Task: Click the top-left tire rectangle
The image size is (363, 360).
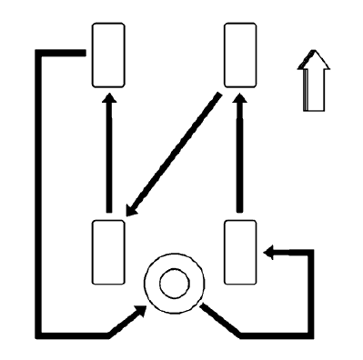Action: pyautogui.click(x=108, y=56)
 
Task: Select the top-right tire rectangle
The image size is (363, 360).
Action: pyautogui.click(x=239, y=56)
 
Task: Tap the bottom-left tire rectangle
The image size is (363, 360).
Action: pyautogui.click(x=108, y=252)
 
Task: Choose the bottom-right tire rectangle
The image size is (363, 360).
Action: pyautogui.click(x=239, y=252)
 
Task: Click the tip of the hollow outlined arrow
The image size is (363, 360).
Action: pyautogui.click(x=314, y=54)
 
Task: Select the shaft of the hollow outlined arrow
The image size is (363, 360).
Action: pyautogui.click(x=314, y=91)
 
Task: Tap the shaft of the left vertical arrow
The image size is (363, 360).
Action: pyautogui.click(x=108, y=155)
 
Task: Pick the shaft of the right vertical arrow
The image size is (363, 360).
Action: pyautogui.click(x=239, y=155)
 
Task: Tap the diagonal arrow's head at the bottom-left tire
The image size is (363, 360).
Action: pyautogui.click(x=131, y=211)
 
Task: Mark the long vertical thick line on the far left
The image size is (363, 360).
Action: pyautogui.click(x=37, y=191)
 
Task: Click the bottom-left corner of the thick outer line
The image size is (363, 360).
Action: pyautogui.click(x=38, y=333)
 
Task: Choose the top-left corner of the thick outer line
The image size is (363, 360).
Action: pyautogui.click(x=38, y=53)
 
